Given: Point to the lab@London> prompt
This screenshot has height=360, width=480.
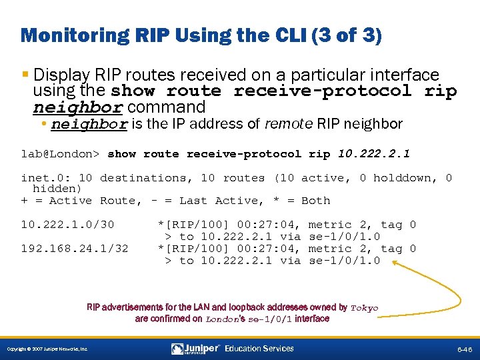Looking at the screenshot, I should click(x=60, y=154).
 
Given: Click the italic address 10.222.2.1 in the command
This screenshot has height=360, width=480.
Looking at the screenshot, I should click(x=374, y=154).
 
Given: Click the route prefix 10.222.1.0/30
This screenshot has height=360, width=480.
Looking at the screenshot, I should click(x=67, y=225).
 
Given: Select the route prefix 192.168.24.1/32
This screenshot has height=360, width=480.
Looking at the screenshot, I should click(x=75, y=249).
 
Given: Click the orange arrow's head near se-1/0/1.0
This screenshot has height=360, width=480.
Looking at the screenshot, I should click(x=393, y=263).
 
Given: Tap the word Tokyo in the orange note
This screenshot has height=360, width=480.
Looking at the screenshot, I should click(x=364, y=308).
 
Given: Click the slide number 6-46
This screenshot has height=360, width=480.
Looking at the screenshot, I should click(x=464, y=349).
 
